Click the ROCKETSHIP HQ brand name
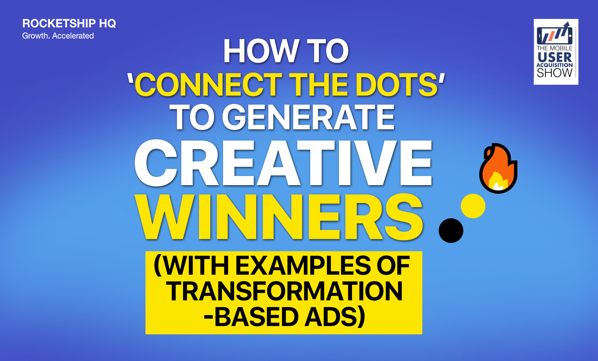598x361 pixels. coord(69,23)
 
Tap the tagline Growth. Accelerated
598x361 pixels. coord(58,36)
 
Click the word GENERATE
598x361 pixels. coord(308,118)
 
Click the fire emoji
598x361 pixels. coord(498,168)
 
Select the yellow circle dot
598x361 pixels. coord(473,206)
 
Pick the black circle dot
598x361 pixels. coord(451,230)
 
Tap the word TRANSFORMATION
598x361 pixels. coord(284,291)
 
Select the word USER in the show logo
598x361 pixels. coord(555,57)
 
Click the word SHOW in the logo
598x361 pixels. coord(555,73)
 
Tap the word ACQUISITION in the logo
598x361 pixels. coord(555,65)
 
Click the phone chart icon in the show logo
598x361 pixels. coord(555,34)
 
